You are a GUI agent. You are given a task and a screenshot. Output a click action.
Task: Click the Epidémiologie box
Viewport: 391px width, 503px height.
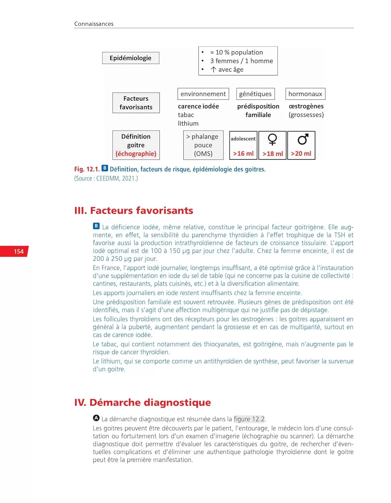click(130, 58)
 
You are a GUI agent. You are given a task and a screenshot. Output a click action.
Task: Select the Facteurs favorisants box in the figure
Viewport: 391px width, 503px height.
click(136, 103)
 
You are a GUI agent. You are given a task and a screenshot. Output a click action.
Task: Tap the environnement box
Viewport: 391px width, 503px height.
click(203, 94)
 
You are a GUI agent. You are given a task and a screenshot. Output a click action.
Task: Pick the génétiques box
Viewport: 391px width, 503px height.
click(255, 94)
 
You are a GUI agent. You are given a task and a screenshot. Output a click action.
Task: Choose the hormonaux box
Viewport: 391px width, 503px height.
click(305, 94)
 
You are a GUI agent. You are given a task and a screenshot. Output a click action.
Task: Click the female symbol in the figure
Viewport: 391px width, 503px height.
click(272, 139)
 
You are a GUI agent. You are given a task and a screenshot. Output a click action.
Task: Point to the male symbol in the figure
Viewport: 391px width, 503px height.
click(303, 139)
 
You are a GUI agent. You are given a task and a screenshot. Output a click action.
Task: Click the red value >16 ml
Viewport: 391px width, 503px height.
click(243, 154)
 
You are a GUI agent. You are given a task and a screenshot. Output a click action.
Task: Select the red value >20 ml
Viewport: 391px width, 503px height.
click(301, 154)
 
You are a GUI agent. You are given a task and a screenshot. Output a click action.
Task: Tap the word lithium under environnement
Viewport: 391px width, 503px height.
click(188, 123)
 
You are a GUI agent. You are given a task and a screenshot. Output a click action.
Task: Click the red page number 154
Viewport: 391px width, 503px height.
click(19, 251)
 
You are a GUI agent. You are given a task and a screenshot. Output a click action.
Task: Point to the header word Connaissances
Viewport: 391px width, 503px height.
click(94, 24)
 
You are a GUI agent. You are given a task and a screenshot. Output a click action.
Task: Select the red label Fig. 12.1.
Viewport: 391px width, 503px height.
click(87, 169)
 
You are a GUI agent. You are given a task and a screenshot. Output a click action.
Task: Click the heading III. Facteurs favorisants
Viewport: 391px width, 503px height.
click(134, 211)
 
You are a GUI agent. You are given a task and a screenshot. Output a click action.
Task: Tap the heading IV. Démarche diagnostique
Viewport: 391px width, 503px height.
click(142, 402)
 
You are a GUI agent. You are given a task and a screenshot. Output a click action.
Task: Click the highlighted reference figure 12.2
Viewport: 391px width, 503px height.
click(249, 419)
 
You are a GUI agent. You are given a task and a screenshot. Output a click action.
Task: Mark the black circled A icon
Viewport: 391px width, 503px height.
click(96, 418)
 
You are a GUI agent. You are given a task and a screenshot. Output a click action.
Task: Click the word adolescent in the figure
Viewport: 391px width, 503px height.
click(243, 139)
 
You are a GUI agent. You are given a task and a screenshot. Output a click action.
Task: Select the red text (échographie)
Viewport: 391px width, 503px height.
click(136, 154)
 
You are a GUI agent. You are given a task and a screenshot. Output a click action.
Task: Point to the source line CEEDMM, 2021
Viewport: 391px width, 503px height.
click(106, 178)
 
